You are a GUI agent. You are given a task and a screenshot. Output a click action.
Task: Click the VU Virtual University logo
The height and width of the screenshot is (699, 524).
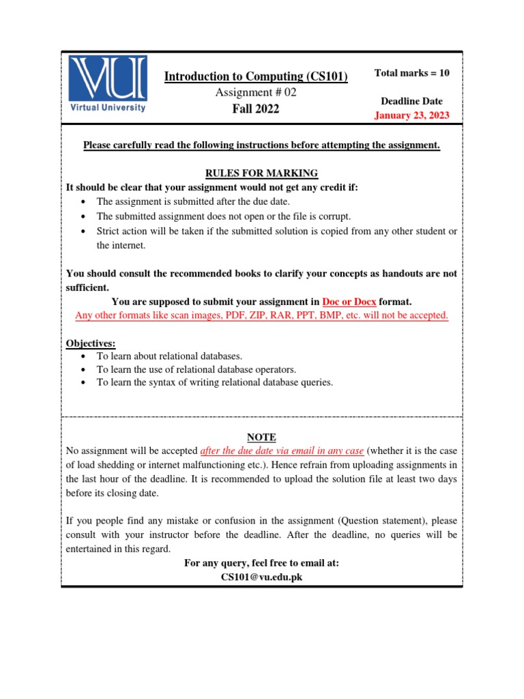tap(107, 84)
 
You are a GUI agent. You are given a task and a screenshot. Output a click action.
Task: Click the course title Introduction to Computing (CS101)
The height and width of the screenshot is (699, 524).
tap(256, 77)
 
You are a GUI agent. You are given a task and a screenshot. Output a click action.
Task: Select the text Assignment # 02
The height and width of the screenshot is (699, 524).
tap(256, 93)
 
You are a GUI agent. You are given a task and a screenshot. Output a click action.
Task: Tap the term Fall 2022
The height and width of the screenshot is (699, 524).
tap(256, 109)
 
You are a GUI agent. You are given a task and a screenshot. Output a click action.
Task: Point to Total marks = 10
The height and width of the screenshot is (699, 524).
tap(412, 73)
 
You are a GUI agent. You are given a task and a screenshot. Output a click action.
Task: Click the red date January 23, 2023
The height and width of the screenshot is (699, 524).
tap(412, 115)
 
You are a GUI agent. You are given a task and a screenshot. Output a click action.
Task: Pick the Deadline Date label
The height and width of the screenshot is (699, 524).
tap(412, 101)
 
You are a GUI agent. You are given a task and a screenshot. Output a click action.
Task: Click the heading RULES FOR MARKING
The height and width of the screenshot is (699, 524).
tap(261, 173)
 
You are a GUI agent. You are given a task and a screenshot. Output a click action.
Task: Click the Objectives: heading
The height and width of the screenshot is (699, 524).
tap(91, 343)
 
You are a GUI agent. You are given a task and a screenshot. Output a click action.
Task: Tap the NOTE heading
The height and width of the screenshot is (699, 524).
tap(261, 437)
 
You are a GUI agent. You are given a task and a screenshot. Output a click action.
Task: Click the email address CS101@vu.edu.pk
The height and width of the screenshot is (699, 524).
tap(261, 577)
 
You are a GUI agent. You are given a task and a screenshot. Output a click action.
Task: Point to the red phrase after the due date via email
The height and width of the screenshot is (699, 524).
tap(282, 451)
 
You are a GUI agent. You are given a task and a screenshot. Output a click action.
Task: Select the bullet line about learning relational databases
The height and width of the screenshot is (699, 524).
tap(169, 356)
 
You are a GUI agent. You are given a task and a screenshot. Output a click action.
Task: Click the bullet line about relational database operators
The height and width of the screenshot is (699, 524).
tap(196, 369)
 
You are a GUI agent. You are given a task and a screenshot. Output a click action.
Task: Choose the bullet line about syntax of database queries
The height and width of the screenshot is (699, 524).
tap(215, 382)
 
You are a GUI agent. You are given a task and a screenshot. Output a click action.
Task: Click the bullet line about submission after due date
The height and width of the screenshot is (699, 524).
tap(193, 201)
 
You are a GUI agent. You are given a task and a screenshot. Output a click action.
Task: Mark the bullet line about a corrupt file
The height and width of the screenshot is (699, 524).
tap(224, 216)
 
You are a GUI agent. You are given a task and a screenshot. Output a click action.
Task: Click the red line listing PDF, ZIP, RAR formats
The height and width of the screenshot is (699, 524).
tap(261, 315)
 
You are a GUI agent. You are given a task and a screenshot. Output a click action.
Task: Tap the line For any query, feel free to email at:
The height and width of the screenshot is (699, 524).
tap(261, 563)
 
